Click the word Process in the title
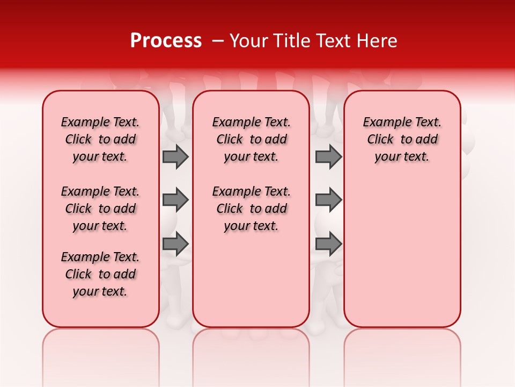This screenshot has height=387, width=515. [x=166, y=41]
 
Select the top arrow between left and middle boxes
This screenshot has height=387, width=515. [x=175, y=156]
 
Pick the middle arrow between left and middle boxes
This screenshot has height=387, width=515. [x=175, y=200]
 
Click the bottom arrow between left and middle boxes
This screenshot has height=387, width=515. [x=175, y=245]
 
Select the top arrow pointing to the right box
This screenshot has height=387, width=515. [x=328, y=156]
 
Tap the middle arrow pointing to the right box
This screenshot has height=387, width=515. [x=328, y=200]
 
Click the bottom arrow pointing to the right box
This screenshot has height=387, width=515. [x=328, y=245]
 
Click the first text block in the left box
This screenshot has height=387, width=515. [x=100, y=139]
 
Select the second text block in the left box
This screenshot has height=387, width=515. [x=100, y=209]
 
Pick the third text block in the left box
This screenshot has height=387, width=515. [x=100, y=274]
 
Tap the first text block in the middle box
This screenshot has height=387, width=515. [x=251, y=139]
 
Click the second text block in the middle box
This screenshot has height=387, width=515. [x=251, y=209]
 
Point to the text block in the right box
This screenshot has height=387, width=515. [x=402, y=139]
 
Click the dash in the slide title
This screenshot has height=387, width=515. [x=217, y=41]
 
